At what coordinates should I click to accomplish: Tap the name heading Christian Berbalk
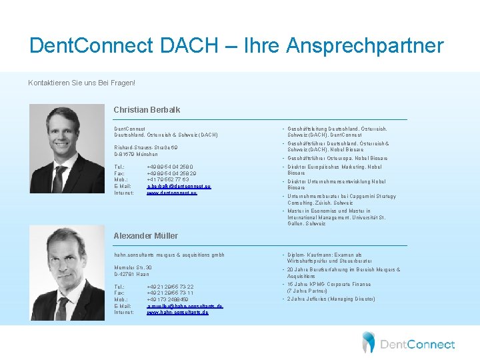[147, 109]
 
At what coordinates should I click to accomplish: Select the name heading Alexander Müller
[147, 235]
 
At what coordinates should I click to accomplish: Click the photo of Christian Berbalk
[67, 149]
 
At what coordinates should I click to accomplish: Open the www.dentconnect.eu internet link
[172, 193]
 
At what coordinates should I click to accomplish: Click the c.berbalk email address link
[178, 186]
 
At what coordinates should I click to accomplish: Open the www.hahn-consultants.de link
[177, 312]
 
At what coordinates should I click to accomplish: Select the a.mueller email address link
[185, 305]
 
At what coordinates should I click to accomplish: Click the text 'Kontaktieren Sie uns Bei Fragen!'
[81, 83]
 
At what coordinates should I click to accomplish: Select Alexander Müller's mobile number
[167, 299]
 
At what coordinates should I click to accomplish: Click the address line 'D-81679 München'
[136, 154]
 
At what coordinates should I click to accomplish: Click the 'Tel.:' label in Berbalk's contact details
[119, 166]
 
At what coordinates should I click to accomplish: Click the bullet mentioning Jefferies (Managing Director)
[331, 299]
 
